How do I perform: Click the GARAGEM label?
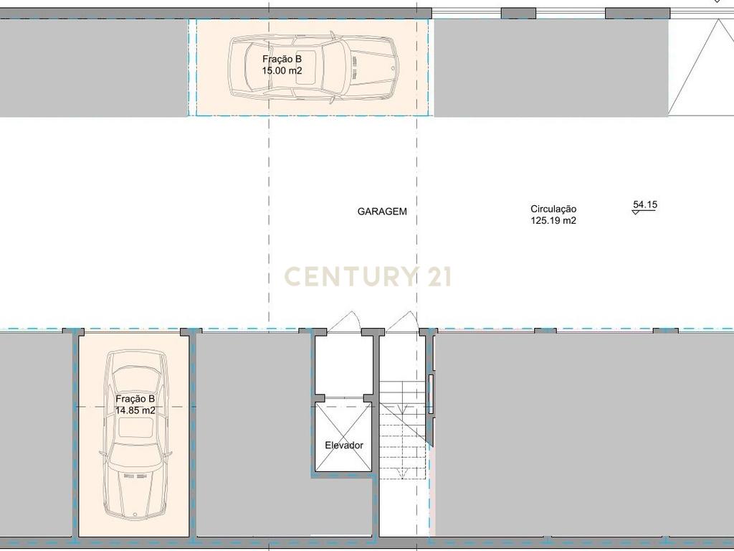tap(382, 212)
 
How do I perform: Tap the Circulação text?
tap(553, 209)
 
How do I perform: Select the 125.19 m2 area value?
tap(553, 221)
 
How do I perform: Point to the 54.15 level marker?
tap(645, 204)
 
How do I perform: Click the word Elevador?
tap(344, 445)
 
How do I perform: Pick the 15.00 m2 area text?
tap(282, 71)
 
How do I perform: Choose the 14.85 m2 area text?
tap(135, 410)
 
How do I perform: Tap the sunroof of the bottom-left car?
tap(135, 428)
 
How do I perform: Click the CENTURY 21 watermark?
tap(368, 276)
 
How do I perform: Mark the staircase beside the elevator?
tap(404, 430)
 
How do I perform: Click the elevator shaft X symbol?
tap(343, 437)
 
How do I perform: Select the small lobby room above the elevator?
tap(343, 365)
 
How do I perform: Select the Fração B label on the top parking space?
tap(282, 59)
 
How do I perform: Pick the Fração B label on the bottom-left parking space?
tap(135, 399)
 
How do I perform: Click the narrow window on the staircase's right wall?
tap(431, 394)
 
